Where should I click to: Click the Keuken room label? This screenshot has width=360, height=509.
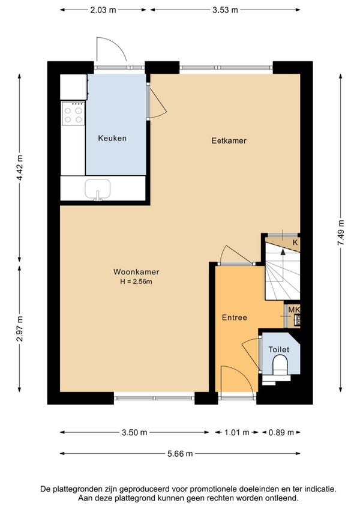(112, 138)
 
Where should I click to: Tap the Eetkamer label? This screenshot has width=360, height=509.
(229, 140)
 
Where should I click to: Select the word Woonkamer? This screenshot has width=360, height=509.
(136, 272)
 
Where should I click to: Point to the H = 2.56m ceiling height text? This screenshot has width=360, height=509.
(136, 282)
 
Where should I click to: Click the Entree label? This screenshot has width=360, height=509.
(235, 318)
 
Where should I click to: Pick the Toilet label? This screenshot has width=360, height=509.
(279, 349)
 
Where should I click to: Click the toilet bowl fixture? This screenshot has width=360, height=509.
(280, 365)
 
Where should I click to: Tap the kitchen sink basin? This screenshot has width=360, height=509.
(98, 188)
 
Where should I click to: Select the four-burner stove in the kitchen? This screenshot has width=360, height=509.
(73, 113)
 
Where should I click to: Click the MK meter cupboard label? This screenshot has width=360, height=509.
(294, 310)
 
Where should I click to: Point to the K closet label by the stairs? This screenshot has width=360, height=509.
(295, 242)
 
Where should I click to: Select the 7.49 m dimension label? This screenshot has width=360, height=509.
(341, 233)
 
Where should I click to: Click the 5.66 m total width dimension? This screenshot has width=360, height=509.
(180, 454)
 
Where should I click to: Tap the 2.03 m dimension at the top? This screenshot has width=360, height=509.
(103, 10)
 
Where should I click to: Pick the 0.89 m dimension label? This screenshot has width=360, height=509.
(281, 432)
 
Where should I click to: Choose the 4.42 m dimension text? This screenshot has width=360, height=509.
(20, 168)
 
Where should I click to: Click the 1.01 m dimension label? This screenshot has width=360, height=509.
(236, 432)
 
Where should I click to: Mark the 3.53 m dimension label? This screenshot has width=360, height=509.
(225, 10)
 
